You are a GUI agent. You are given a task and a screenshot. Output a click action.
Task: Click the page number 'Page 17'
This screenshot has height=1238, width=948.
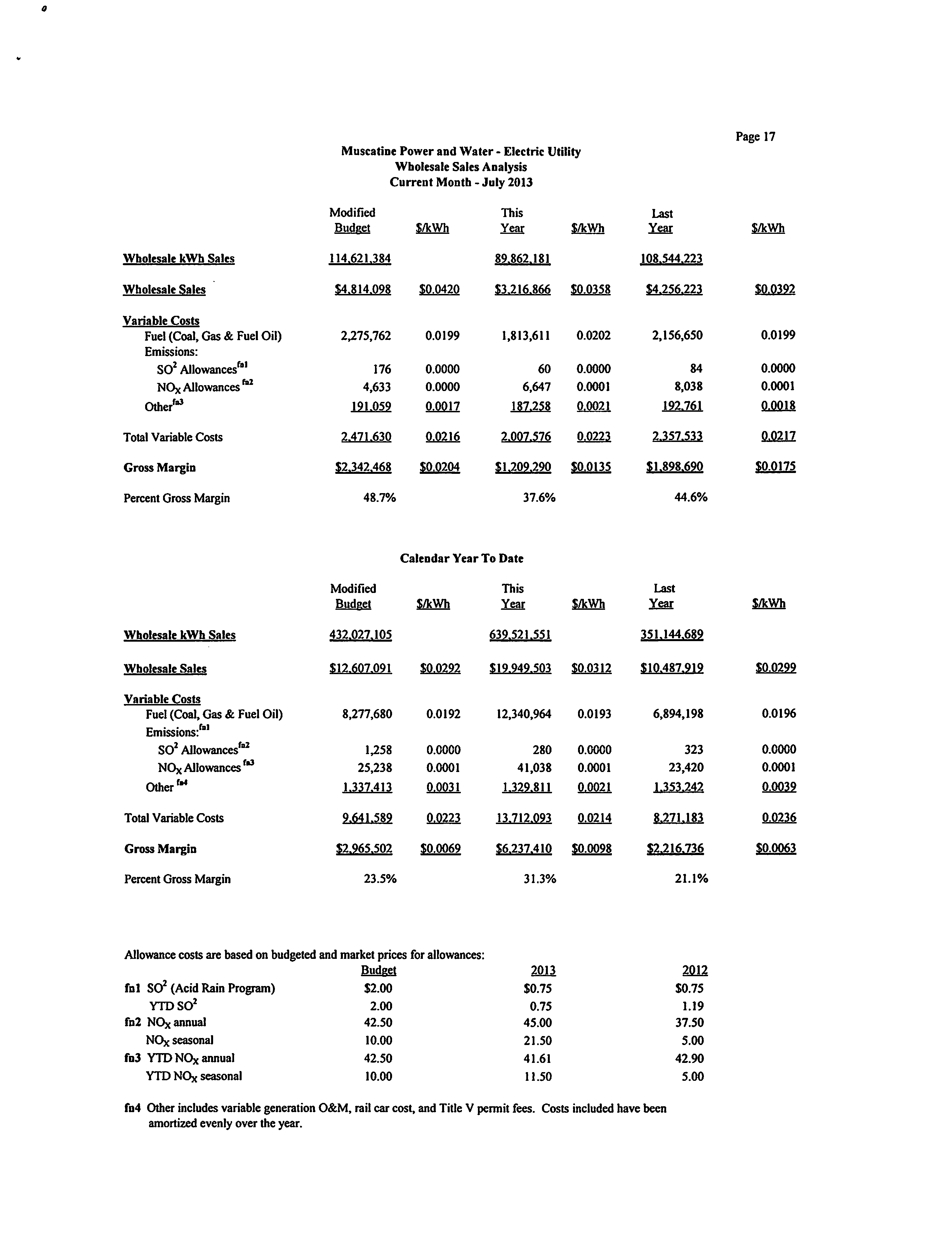(755, 136)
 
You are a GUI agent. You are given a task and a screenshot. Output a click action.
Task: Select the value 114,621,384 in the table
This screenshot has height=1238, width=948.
(360, 259)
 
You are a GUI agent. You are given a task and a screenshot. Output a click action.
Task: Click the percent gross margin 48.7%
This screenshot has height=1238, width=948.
(379, 498)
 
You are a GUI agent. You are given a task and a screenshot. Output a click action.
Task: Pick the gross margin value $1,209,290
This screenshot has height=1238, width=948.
(523, 467)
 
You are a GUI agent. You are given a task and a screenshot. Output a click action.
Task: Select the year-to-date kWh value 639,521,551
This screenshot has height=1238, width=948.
(520, 635)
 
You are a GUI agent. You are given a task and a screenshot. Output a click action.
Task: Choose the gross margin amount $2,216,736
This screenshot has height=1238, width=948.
(675, 849)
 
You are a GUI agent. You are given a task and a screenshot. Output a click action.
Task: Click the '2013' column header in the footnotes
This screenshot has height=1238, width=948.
(543, 971)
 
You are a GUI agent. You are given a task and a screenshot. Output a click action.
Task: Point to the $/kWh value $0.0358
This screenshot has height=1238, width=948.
(590, 290)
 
